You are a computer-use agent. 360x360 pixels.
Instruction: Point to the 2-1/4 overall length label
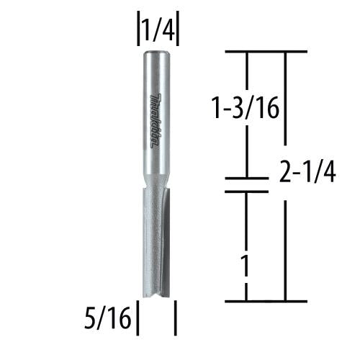(x=306, y=174)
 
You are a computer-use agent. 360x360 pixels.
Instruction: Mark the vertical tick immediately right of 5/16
(x=138, y=318)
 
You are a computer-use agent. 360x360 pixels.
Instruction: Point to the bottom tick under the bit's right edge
(x=176, y=318)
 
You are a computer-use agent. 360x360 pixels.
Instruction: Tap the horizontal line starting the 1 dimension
(x=247, y=192)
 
